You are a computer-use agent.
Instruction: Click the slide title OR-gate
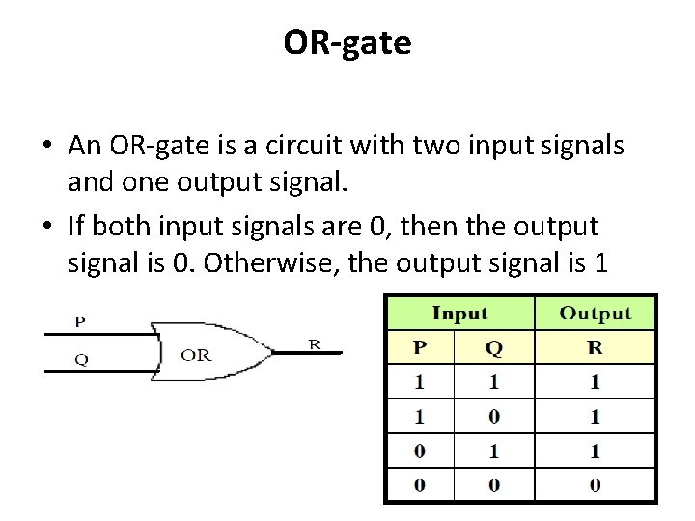(x=347, y=42)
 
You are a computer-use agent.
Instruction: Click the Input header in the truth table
(x=459, y=314)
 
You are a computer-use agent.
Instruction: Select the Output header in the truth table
(x=596, y=314)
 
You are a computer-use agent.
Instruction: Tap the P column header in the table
(x=419, y=347)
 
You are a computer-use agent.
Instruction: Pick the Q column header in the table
(x=494, y=347)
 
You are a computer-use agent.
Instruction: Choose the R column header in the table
(x=595, y=347)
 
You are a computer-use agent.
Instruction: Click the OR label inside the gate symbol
(x=196, y=355)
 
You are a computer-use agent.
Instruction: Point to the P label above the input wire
(x=81, y=321)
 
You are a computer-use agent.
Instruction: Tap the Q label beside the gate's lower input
(x=82, y=359)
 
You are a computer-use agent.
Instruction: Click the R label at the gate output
(x=315, y=343)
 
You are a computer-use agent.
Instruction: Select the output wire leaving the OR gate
(x=307, y=353)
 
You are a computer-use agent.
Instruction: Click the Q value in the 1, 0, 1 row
(x=494, y=417)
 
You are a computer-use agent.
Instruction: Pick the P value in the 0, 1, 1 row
(x=419, y=451)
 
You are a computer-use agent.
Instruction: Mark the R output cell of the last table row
(x=595, y=485)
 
